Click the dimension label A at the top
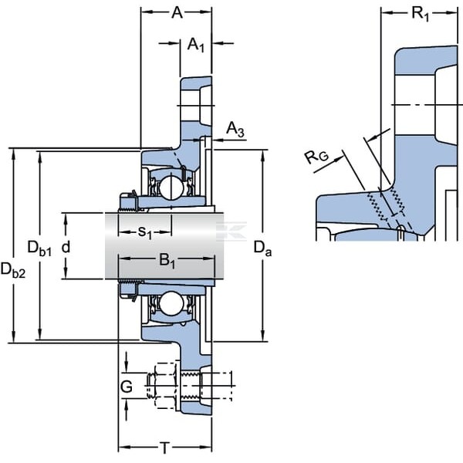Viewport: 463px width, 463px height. point(177,12)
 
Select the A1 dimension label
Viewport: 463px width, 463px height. point(196,46)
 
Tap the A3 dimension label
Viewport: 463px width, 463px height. point(235,130)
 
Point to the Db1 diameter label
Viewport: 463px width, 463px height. point(39,248)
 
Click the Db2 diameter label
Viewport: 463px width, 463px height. point(13,270)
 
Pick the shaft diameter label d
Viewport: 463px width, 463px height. point(66,247)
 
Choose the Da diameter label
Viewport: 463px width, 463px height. point(262,248)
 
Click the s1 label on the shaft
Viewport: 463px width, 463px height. point(145,232)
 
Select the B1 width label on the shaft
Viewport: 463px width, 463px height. point(167,261)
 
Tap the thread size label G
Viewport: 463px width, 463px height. point(127,387)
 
